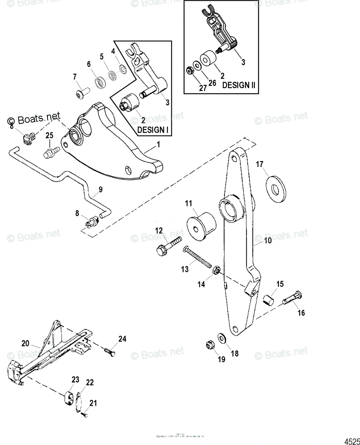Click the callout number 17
click(x=259, y=164)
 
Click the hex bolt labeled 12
click(x=167, y=245)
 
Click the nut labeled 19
click(x=209, y=346)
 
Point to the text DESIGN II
click(x=239, y=85)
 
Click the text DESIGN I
click(x=151, y=130)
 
